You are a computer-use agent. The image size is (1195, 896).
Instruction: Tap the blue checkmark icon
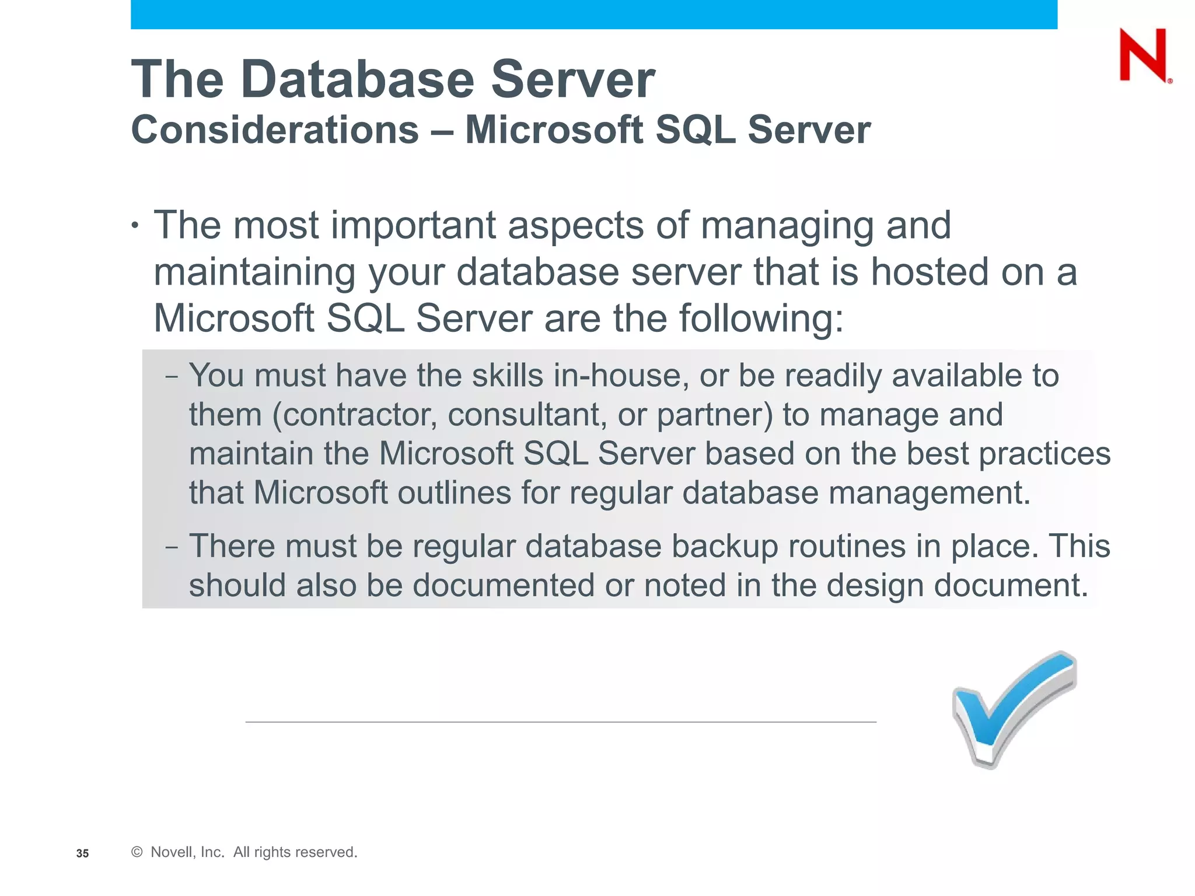[1014, 709]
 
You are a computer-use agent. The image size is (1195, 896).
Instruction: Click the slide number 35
[82, 853]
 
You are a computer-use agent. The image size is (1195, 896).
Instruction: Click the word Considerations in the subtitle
[275, 129]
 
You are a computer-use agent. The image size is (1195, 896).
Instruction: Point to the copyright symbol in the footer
[137, 852]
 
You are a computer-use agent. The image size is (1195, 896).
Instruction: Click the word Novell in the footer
[171, 852]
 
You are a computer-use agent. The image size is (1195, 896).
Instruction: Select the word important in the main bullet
[413, 225]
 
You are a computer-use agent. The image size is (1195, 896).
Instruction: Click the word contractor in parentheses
[354, 415]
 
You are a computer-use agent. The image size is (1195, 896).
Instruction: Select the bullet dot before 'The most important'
[135, 226]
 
